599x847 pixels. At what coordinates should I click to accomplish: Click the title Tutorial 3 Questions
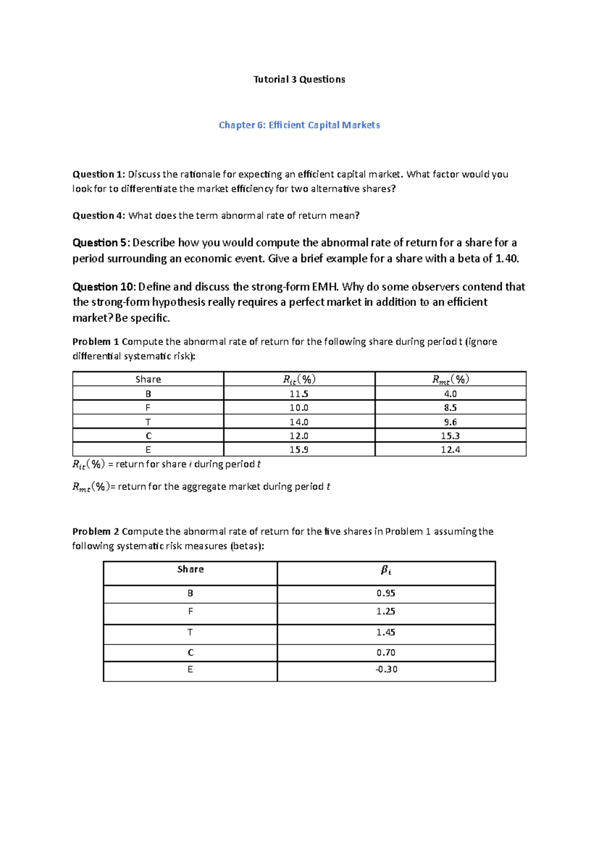click(299, 79)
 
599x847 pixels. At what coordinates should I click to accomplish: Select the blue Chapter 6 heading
click(299, 125)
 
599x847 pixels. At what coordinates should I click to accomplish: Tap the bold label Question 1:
click(98, 174)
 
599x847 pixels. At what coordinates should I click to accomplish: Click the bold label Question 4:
click(98, 216)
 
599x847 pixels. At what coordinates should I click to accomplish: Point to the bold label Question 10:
click(103, 287)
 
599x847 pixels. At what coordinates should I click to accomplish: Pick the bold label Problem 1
click(95, 342)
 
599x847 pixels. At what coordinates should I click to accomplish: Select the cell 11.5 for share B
click(299, 394)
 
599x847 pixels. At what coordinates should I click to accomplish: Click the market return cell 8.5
click(450, 408)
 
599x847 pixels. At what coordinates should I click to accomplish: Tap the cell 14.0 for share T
click(299, 422)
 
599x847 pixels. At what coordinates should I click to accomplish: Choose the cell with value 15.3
click(450, 436)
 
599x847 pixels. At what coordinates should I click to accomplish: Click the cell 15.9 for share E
click(299, 449)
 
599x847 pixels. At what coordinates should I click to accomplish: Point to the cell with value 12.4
click(450, 449)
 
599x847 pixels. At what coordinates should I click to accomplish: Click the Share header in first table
click(148, 379)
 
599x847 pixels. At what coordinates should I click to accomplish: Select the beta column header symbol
click(385, 570)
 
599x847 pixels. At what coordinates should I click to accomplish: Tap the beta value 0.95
click(385, 593)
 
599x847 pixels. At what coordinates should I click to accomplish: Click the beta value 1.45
click(385, 632)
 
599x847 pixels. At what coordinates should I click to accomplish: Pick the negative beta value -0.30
click(386, 669)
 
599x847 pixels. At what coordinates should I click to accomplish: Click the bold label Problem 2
click(95, 531)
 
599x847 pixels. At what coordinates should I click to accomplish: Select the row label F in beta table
click(190, 611)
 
